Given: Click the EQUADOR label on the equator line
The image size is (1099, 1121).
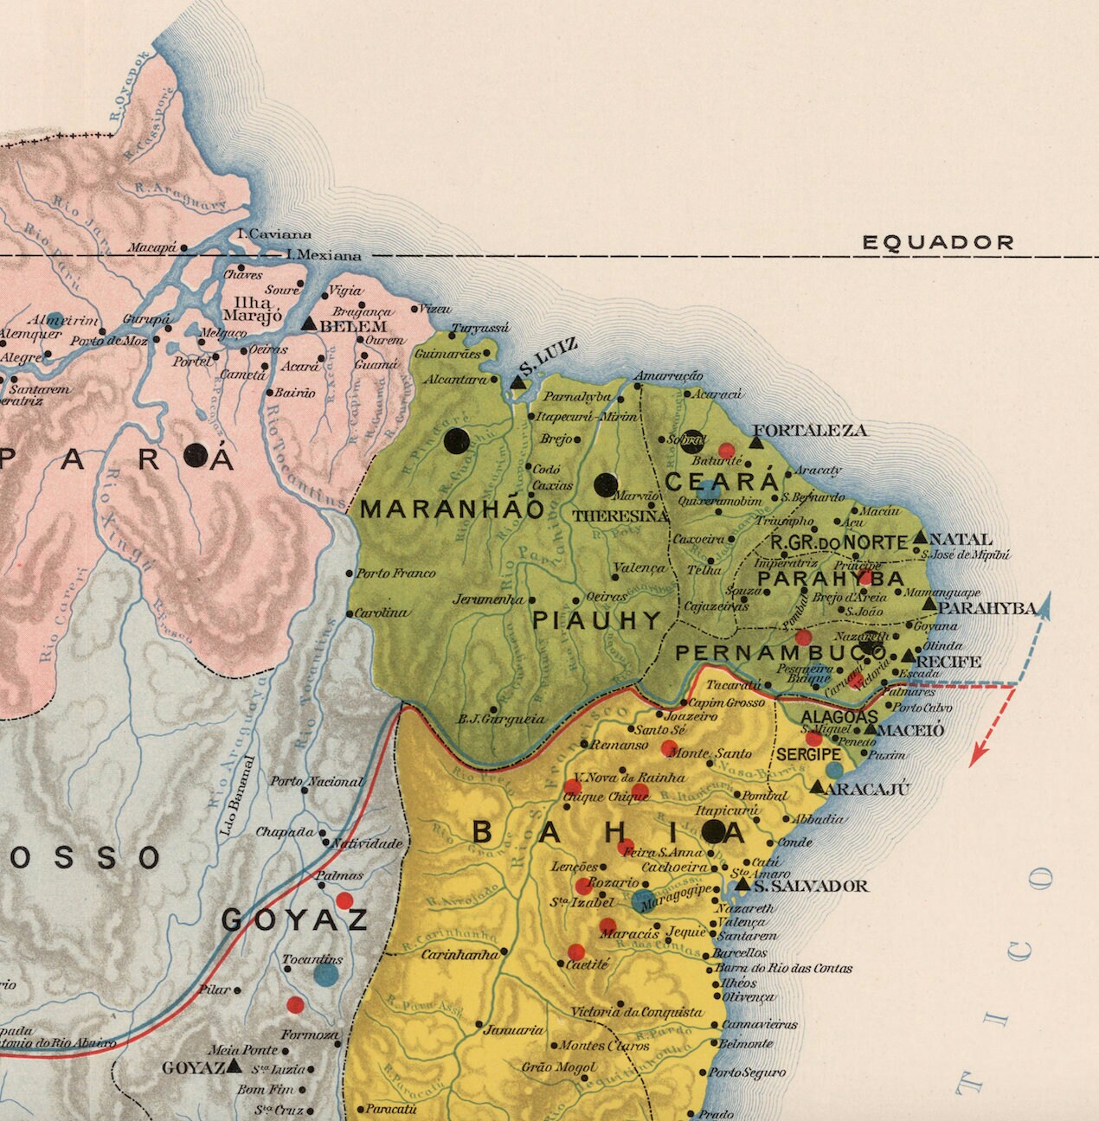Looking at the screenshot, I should [x=937, y=243].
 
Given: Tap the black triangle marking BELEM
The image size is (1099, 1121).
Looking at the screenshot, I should [x=308, y=323].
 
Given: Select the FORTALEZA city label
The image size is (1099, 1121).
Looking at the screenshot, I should [x=809, y=430].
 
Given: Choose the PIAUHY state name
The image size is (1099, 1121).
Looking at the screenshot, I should [x=596, y=620].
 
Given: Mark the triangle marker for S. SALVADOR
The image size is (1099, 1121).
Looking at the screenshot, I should [x=742, y=884].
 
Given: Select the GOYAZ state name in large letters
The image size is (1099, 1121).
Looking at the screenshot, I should [x=295, y=920].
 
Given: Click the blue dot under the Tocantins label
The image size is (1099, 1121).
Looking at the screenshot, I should [x=325, y=975].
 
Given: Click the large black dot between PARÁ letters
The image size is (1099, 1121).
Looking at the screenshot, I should [x=196, y=454].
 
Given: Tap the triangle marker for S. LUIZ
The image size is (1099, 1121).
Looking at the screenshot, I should [x=517, y=382].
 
